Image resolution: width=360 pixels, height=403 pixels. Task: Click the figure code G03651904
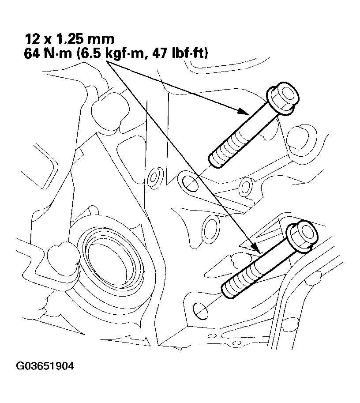45,366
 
